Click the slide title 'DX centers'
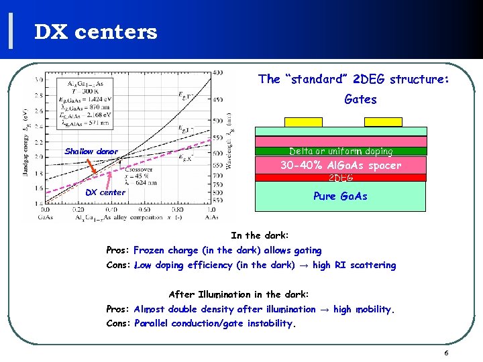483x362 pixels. point(96,32)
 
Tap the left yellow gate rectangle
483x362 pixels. point(303,122)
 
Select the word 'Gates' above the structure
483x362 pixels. point(360,99)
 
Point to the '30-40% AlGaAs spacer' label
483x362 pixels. point(350,165)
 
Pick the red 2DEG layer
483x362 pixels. point(341,178)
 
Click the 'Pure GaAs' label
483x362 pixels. point(340,196)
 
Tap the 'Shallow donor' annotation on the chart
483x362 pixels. point(91,152)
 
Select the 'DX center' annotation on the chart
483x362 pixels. point(105,192)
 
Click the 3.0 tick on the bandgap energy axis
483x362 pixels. point(39,80)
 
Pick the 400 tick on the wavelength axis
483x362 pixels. point(218,72)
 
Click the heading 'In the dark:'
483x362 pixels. point(260,235)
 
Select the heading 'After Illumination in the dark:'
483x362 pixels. point(238,294)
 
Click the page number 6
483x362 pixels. point(445,353)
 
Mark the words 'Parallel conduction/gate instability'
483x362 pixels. point(214,323)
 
